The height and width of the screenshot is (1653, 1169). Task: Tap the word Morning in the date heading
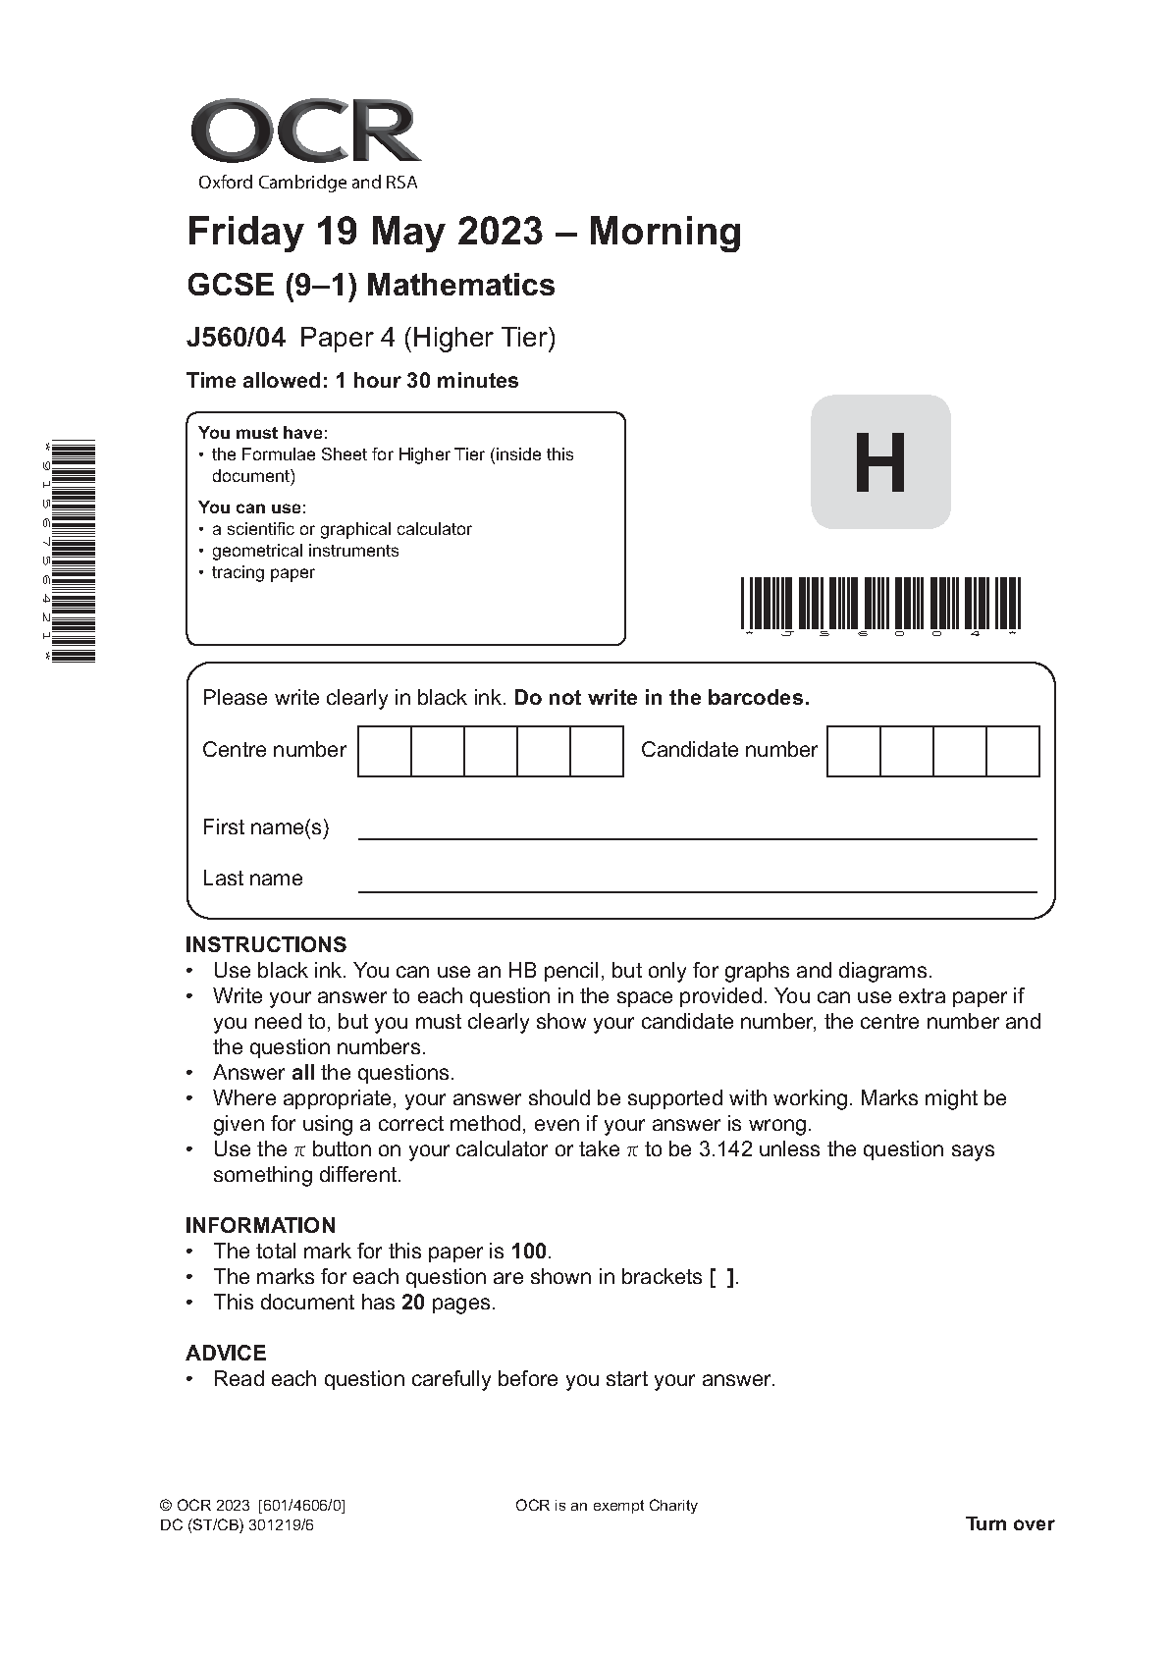[664, 232]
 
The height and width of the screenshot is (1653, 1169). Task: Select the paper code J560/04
[236, 338]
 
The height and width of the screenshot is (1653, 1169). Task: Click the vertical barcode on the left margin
[74, 551]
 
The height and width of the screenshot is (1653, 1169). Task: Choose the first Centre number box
[384, 751]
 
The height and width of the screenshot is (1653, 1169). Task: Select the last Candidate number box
[1012, 751]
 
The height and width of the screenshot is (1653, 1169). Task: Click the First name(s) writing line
[697, 837]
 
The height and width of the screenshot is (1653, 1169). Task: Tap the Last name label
[252, 879]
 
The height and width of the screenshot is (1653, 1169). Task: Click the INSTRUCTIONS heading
[266, 944]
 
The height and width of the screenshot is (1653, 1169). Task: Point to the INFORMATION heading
[260, 1225]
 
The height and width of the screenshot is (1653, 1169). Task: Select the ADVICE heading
[226, 1353]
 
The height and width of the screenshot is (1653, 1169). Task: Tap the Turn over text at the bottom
[1009, 1524]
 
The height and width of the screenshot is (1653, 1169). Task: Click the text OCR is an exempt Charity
[606, 1506]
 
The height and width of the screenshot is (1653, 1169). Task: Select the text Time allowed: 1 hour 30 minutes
[352, 381]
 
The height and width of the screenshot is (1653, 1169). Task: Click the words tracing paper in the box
[263, 572]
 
